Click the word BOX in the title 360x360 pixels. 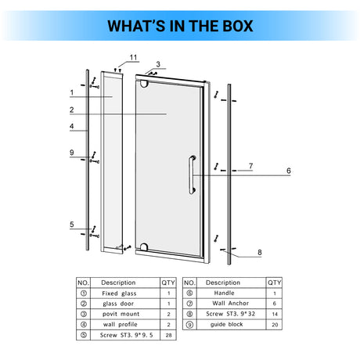click(238, 26)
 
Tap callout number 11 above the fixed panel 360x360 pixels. click(133, 57)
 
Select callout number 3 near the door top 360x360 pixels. click(158, 64)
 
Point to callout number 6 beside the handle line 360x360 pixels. click(289, 171)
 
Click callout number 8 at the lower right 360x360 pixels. click(260, 252)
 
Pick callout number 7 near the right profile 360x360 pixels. click(250, 166)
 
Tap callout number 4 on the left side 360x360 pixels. click(72, 126)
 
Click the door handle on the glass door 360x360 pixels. click(193, 175)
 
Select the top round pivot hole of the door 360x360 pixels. click(144, 84)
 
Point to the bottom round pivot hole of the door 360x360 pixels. click(144, 247)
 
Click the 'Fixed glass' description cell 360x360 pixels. click(119, 293)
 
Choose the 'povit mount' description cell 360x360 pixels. click(121, 314)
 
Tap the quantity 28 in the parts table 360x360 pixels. click(168, 335)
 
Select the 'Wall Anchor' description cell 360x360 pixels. click(231, 304)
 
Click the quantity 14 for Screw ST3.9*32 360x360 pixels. click(275, 314)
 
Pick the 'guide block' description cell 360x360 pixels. click(227, 324)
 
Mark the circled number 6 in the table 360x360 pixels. click(189, 293)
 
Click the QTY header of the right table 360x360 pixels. click(275, 283)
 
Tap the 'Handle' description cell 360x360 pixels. click(224, 293)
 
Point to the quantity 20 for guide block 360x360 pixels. click(275, 325)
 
